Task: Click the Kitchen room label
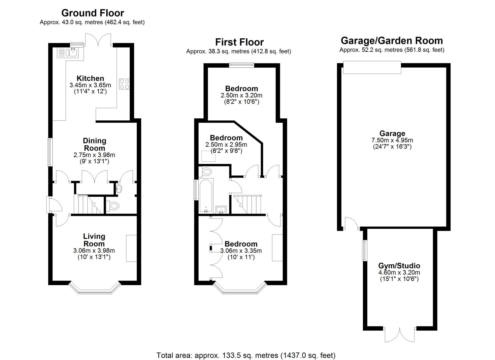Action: coord(90,78)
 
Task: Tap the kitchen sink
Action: coord(68,52)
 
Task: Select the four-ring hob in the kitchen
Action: coord(124,84)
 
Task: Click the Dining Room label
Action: coord(94,144)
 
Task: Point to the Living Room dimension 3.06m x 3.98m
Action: coord(94,250)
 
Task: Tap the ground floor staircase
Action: coord(89,205)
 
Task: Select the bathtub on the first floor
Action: coord(206,195)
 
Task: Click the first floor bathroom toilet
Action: coord(206,172)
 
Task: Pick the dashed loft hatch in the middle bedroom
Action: coord(208,156)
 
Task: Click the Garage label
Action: coord(392,133)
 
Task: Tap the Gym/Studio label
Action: coord(399,266)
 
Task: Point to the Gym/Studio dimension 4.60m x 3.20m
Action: coord(399,273)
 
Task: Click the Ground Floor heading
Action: coord(93,13)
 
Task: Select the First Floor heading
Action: coord(240,42)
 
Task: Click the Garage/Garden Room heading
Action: coord(392,41)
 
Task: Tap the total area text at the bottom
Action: coord(246,355)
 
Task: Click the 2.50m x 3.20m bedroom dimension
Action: coord(241,95)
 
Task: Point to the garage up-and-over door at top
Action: coord(372,67)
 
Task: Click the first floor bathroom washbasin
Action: coord(221,210)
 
